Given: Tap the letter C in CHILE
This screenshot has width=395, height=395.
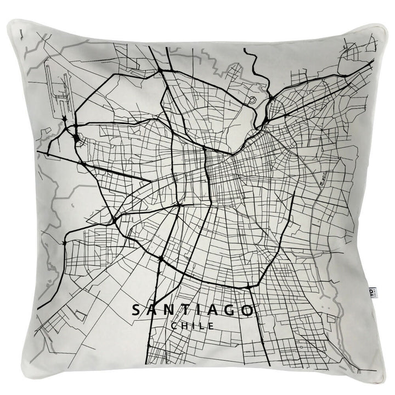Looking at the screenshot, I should pos(174,326).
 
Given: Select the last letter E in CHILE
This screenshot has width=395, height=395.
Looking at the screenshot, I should pos(211,326).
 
